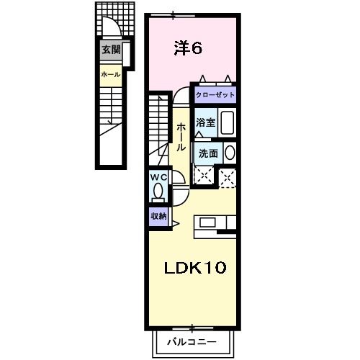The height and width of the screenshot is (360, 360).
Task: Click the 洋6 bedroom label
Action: coord(189,48)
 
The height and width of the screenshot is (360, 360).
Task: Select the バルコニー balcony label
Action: coord(192,342)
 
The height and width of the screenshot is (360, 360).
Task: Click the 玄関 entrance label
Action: coord(111,49)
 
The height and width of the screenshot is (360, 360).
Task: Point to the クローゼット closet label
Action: coord(215,94)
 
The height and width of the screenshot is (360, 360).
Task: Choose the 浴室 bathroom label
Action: coord(206,122)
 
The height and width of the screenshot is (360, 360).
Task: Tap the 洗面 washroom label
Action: coord(208,153)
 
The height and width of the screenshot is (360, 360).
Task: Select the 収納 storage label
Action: coord(159,215)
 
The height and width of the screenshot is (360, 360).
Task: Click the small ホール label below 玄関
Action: coord(111,74)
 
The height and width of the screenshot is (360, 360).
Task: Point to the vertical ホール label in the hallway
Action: coord(181,136)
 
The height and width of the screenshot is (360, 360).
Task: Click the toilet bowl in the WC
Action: coord(158,192)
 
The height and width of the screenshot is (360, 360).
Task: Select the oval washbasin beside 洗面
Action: coord(229,153)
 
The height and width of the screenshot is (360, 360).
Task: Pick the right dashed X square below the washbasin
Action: coord(228,176)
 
